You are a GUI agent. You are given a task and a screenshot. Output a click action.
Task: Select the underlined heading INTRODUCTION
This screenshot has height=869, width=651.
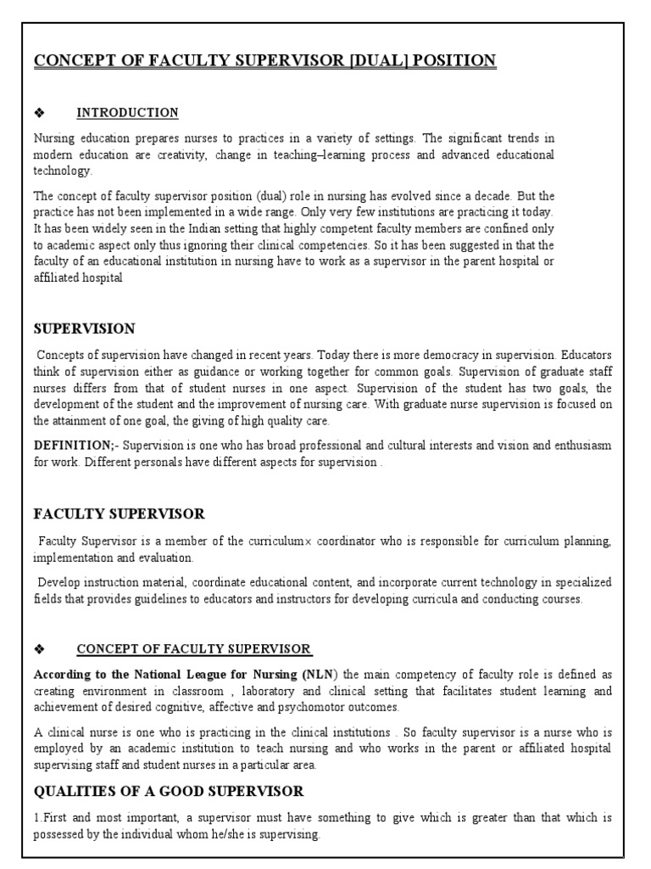(x=127, y=113)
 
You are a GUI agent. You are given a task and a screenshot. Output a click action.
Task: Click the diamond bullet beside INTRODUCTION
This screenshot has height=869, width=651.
(x=38, y=113)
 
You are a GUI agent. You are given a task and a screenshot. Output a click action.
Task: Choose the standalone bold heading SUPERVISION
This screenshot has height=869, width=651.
(x=84, y=329)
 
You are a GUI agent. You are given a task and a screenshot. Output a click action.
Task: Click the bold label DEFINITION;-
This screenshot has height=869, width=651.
(x=70, y=446)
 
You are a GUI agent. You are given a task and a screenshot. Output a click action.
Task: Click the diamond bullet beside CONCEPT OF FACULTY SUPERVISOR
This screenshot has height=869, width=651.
(x=38, y=649)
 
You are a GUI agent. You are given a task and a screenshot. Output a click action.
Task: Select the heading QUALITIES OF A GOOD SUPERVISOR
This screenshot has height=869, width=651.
(x=168, y=792)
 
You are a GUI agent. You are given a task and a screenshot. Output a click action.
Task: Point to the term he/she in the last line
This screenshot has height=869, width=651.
(x=193, y=834)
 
